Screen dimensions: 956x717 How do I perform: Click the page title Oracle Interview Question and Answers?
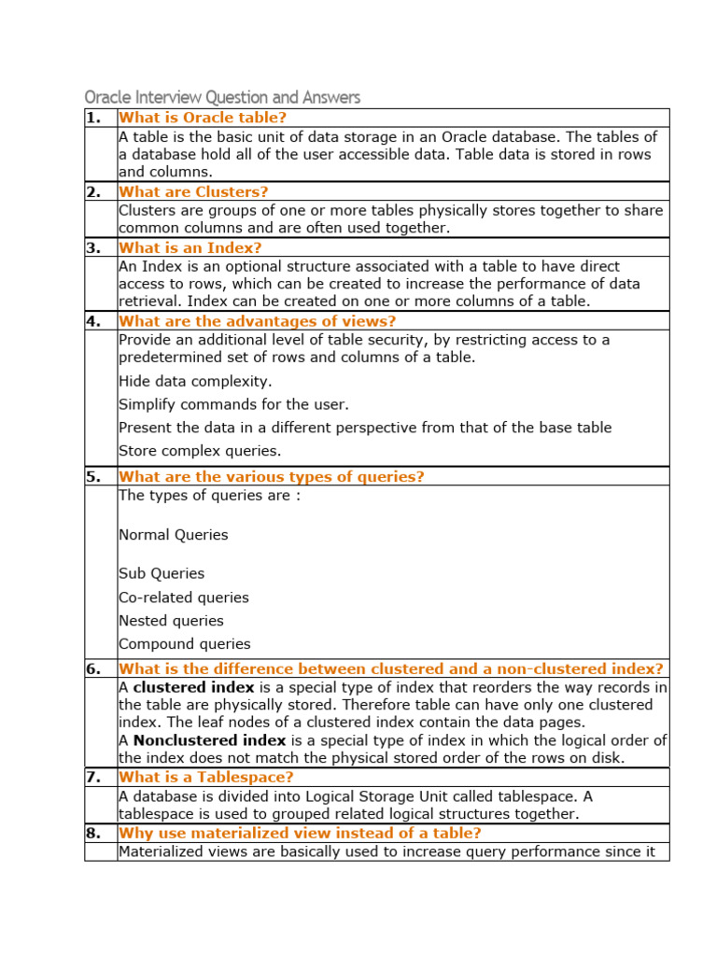(222, 97)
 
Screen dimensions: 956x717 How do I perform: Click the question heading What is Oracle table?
(203, 118)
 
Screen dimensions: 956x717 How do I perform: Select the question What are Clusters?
(193, 191)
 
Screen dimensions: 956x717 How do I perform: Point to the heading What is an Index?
(190, 247)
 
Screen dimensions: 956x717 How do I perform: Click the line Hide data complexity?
(195, 381)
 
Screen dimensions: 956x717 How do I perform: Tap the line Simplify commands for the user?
(233, 404)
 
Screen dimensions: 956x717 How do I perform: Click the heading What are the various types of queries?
(272, 477)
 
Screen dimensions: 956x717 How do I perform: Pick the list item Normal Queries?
(174, 535)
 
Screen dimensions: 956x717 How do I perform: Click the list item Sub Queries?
(162, 573)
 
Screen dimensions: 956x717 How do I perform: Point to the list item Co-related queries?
(184, 597)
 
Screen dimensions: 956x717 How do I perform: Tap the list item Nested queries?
(171, 621)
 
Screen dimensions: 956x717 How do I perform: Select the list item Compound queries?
(185, 644)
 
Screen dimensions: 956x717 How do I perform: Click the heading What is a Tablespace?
(206, 777)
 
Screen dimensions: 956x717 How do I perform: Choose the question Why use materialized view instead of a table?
(300, 833)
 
